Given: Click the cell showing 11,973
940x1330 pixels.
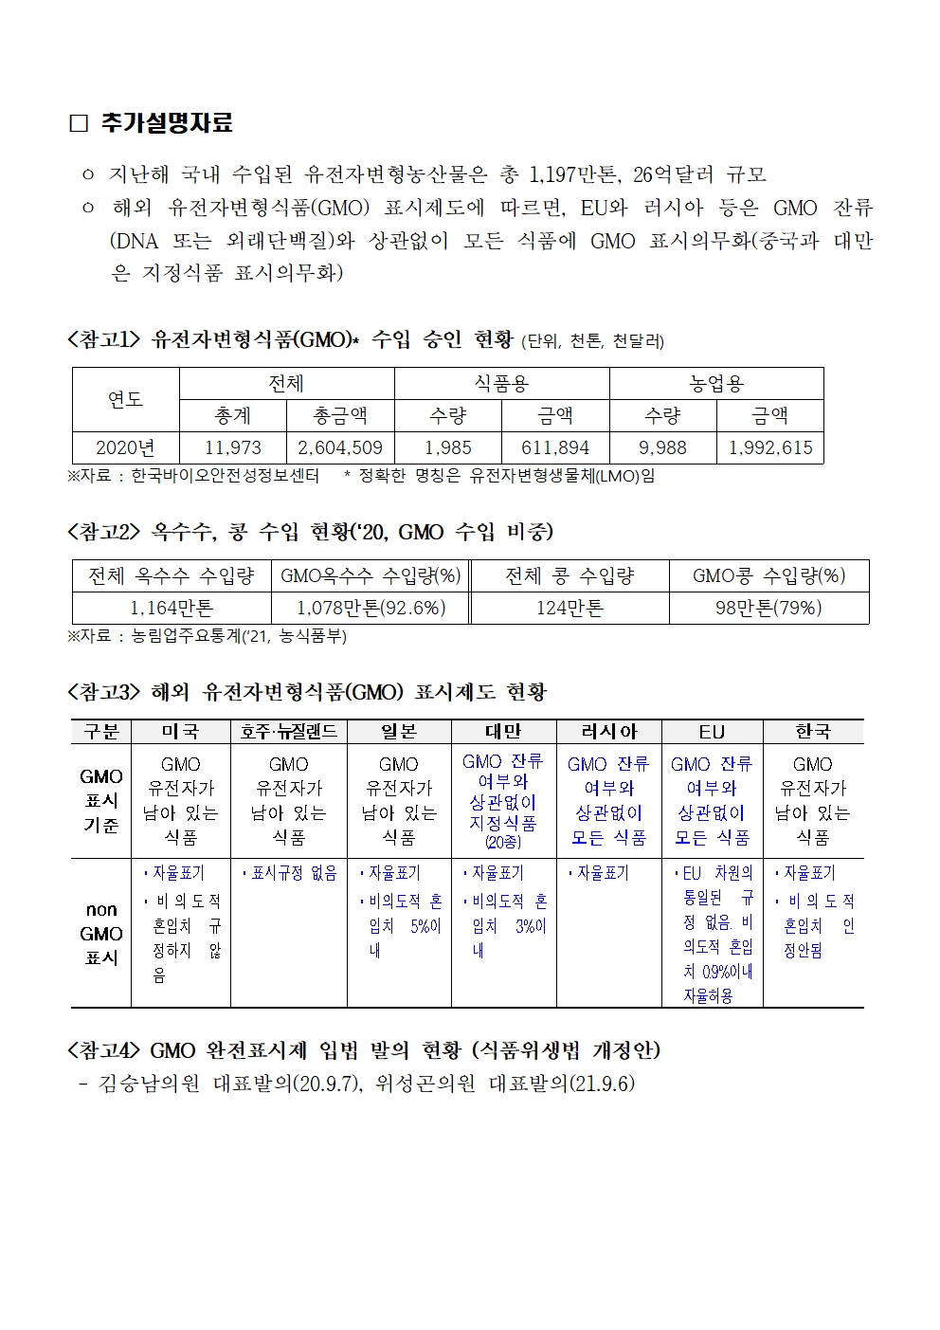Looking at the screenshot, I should click(x=233, y=447).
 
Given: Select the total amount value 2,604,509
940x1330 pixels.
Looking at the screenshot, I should click(x=340, y=447).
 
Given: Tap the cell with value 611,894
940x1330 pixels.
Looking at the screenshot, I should click(x=555, y=447).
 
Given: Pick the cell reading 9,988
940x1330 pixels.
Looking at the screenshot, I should click(x=662, y=447).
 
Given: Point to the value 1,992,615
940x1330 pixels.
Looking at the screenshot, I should click(x=770, y=447).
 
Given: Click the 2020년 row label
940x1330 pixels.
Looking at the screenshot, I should click(x=126, y=447).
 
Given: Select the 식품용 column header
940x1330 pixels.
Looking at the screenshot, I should click(x=501, y=383).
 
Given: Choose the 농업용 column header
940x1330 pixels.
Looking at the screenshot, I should click(x=716, y=383).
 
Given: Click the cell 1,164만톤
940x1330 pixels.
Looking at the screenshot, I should click(x=172, y=608).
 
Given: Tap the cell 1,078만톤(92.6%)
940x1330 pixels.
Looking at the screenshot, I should click(x=371, y=608).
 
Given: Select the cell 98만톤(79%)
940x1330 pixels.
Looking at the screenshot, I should click(x=768, y=608).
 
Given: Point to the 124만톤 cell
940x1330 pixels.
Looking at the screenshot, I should click(x=569, y=608).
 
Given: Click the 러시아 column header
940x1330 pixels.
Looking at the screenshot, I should click(x=609, y=732).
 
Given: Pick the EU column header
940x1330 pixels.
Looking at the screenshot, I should click(x=712, y=732).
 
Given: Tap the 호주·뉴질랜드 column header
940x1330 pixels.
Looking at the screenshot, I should click(x=289, y=732).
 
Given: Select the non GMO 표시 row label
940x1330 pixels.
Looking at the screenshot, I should click(x=101, y=933).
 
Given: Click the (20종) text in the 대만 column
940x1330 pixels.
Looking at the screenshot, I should click(x=503, y=842).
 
